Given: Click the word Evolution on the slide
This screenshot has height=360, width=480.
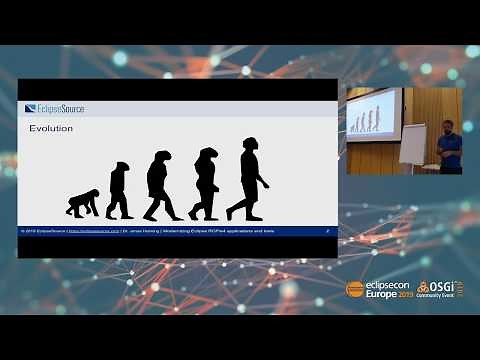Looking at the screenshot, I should point(53,129).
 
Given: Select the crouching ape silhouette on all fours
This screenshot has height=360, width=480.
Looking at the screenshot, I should point(82,203).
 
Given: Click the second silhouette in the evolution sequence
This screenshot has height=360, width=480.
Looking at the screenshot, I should point(120,190).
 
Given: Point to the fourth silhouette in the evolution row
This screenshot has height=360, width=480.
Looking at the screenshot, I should point(205,184).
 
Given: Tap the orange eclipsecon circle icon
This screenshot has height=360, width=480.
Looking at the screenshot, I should point(353,288).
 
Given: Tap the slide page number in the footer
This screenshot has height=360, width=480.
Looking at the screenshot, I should point(329,231).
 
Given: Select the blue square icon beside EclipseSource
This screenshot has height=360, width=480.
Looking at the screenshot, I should point(30,109).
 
